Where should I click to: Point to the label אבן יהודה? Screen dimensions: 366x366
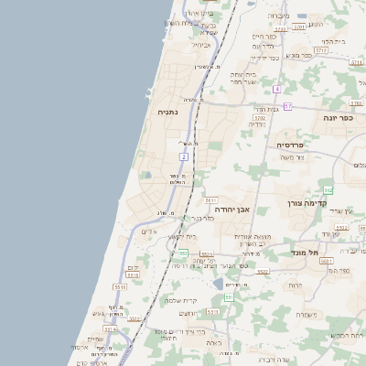(231, 210)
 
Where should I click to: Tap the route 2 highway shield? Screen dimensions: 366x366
(184, 157)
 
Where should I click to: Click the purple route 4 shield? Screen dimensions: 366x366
(276, 89)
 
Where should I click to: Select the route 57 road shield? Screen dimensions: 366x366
(287, 106)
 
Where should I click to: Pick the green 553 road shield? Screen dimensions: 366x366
(183, 253)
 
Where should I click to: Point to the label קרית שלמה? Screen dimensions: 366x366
(180, 300)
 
